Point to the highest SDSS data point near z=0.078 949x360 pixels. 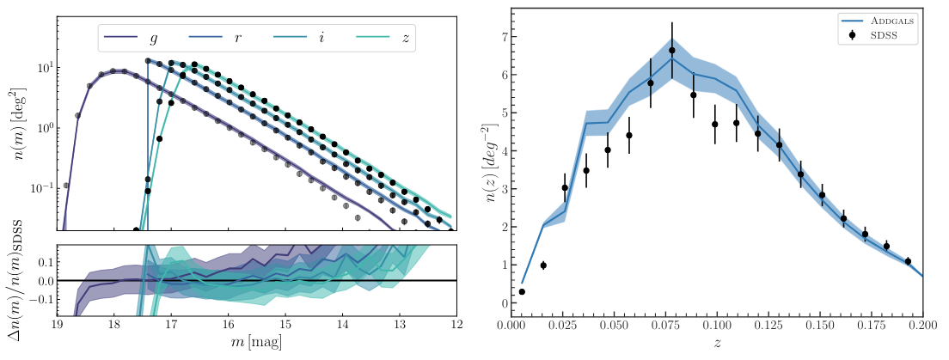(672, 50)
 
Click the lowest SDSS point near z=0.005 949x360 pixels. (522, 292)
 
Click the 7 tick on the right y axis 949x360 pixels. (500, 36)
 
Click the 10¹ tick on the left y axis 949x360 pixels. (38, 67)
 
